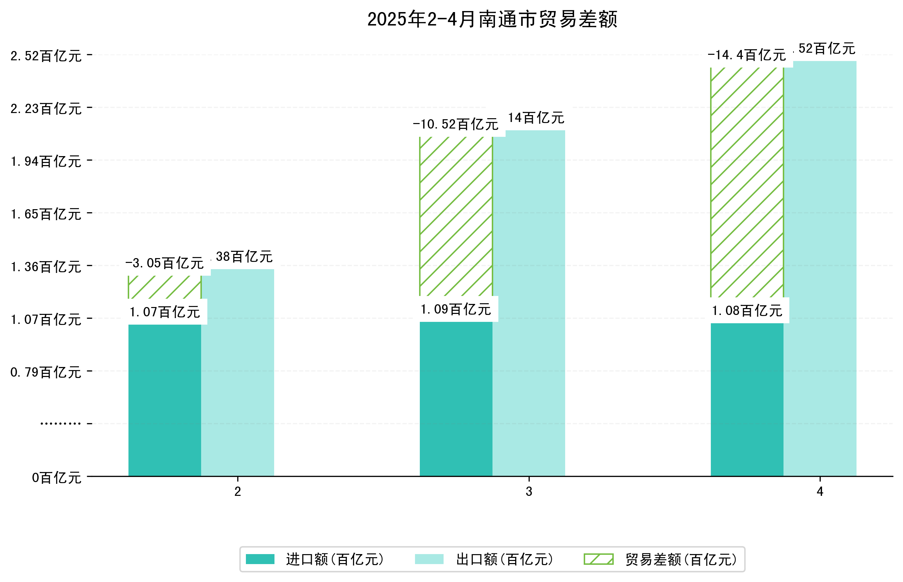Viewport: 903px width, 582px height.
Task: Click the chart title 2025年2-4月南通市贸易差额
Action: [492, 19]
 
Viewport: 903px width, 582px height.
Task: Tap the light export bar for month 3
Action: [529, 303]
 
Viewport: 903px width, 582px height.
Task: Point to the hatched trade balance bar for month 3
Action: [456, 216]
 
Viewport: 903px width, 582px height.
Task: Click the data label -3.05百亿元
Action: [165, 263]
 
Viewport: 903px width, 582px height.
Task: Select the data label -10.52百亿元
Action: [456, 124]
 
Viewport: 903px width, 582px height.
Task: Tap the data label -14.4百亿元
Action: [747, 55]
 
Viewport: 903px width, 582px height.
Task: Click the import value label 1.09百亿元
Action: [456, 309]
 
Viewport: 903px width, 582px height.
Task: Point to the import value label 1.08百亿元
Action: [747, 311]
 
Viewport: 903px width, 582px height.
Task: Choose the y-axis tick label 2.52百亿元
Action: [46, 56]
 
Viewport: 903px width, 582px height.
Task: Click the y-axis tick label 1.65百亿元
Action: [46, 214]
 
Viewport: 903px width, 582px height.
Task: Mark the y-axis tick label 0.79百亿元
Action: [46, 372]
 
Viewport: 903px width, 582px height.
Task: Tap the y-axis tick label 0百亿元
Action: [56, 478]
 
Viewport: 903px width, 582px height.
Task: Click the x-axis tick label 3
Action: [529, 492]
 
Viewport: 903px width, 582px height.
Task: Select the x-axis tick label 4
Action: [820, 492]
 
